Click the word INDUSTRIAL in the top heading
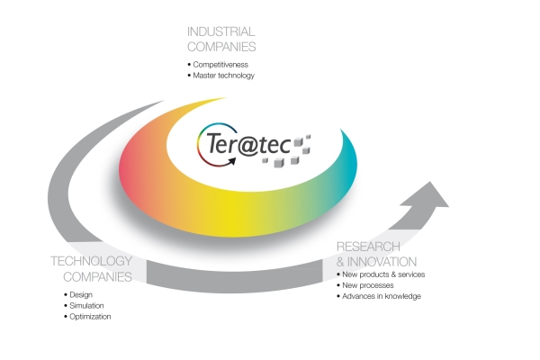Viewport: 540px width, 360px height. pyautogui.click(x=220, y=31)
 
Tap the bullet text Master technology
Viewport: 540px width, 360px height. pyautogui.click(x=225, y=76)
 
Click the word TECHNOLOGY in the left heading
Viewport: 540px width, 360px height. pyautogui.click(x=92, y=262)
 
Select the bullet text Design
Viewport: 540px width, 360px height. pyautogui.click(x=82, y=294)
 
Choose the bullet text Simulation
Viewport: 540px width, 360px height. pyautogui.click(x=87, y=305)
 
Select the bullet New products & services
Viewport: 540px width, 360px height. pyautogui.click(x=383, y=274)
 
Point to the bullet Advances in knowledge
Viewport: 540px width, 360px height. pyautogui.click(x=382, y=296)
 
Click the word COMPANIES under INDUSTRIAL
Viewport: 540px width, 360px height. pyautogui.click(x=221, y=46)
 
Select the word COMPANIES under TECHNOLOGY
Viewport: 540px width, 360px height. pyautogui.click(x=100, y=277)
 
